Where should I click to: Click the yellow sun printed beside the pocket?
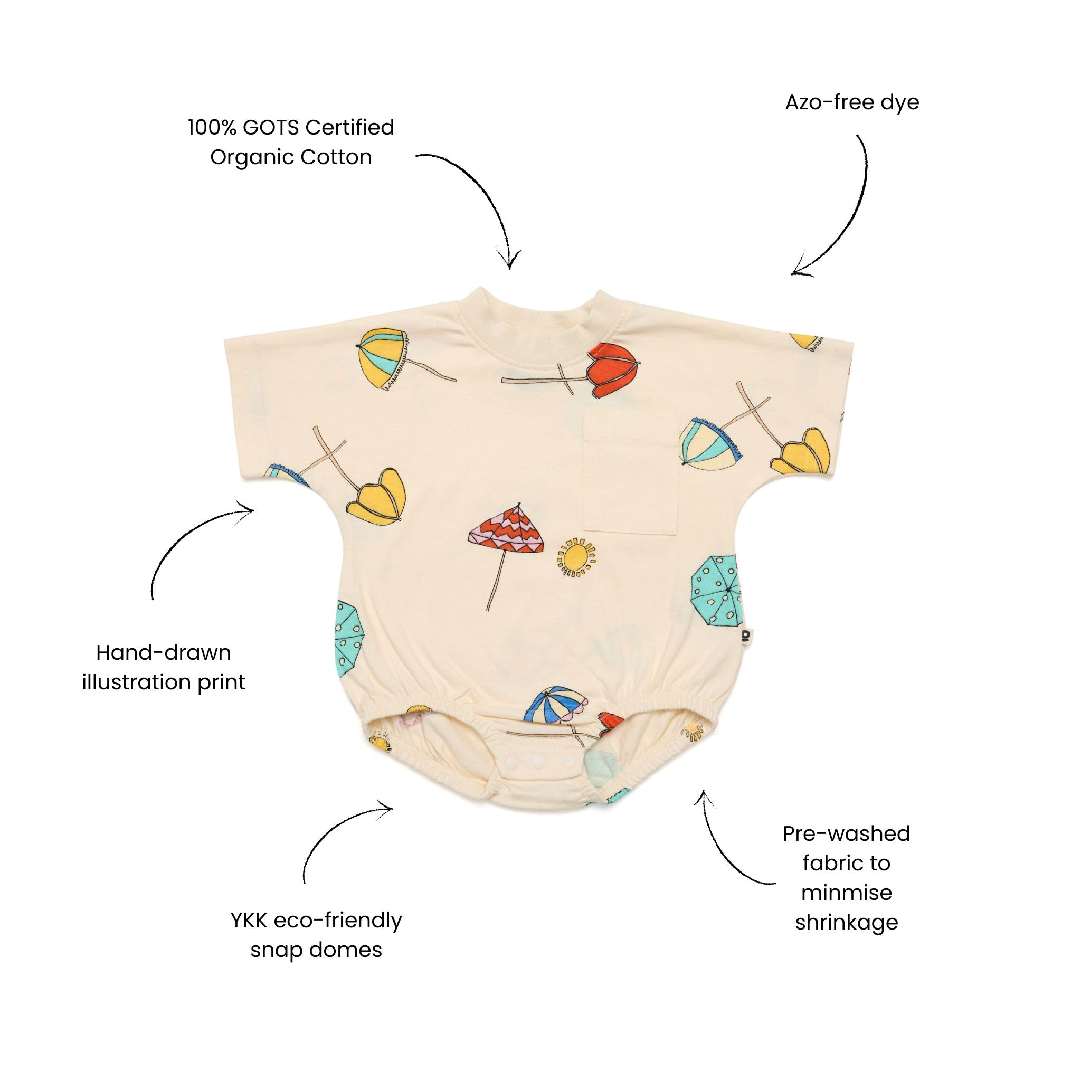click(x=576, y=556)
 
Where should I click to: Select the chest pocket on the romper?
click(x=630, y=471)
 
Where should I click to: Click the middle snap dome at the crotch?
click(x=537, y=762)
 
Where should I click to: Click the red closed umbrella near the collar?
click(x=612, y=369)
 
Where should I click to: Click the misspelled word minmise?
click(x=846, y=893)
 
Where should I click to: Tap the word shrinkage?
click(x=846, y=922)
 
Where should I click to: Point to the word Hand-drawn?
click(x=164, y=652)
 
